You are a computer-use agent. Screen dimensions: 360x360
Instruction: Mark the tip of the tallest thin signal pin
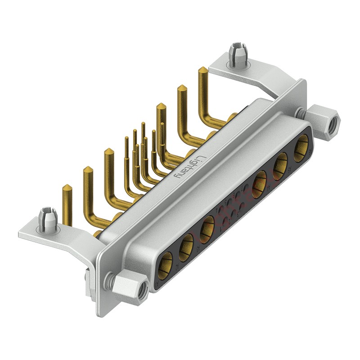coord(143,124)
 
